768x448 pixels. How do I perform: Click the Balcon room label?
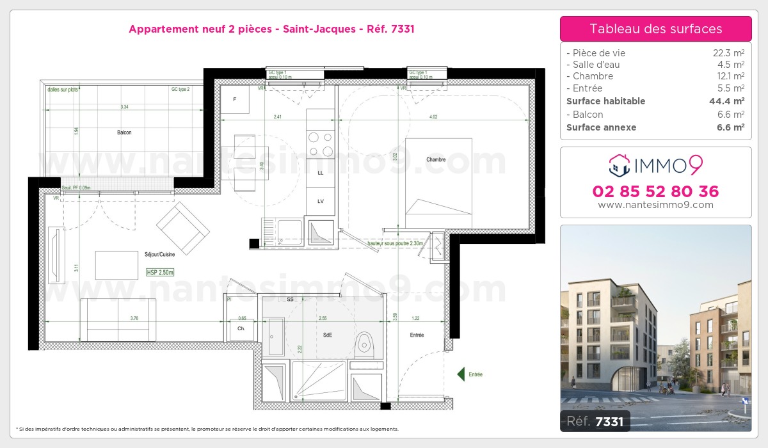pos(124,132)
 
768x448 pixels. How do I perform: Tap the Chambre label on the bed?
pos(436,159)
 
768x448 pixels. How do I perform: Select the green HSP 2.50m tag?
pos(160,272)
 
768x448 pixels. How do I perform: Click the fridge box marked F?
pos(234,99)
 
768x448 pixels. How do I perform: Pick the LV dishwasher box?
pos(320,201)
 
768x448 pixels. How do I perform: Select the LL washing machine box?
pos(320,173)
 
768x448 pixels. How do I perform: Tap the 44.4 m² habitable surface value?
pos(730,101)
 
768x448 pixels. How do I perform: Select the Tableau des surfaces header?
pos(655,29)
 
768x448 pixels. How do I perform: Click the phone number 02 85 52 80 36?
pos(655,191)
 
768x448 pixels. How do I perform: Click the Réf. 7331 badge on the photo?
pos(595,420)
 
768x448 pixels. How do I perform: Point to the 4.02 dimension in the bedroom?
pos(433,116)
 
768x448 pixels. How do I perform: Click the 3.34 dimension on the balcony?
pos(125,107)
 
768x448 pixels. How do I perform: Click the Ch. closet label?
pos(241,328)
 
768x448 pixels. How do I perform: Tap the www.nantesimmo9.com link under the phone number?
pos(655,205)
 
